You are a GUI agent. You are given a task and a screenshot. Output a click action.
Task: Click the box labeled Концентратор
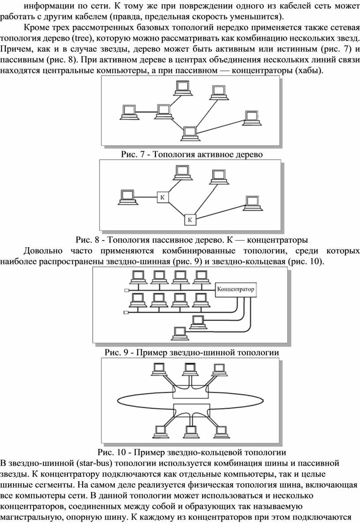pyautogui.click(x=236, y=290)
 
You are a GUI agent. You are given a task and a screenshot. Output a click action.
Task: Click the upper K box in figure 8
pyautogui.click(x=163, y=197)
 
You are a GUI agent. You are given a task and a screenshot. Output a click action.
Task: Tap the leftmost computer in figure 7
pyautogui.click(x=128, y=112)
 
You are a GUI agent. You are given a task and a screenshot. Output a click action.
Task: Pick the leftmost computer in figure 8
pyautogui.click(x=127, y=197)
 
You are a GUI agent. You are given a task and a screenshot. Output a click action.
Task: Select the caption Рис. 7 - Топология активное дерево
pyautogui.click(x=191, y=154)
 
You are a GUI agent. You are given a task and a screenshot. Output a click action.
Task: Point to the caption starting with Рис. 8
pyautogui.click(x=191, y=240)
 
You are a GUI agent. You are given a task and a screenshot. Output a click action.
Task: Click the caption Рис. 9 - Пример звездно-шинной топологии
pyautogui.click(x=191, y=352)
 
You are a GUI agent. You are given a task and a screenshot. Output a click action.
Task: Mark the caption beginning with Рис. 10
pyautogui.click(x=191, y=452)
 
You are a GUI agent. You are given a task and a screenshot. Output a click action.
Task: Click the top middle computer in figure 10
pyautogui.click(x=190, y=369)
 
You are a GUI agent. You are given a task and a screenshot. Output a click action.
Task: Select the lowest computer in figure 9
pyautogui.click(x=180, y=331)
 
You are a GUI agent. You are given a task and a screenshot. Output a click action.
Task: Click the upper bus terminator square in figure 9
pyautogui.click(x=126, y=290)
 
